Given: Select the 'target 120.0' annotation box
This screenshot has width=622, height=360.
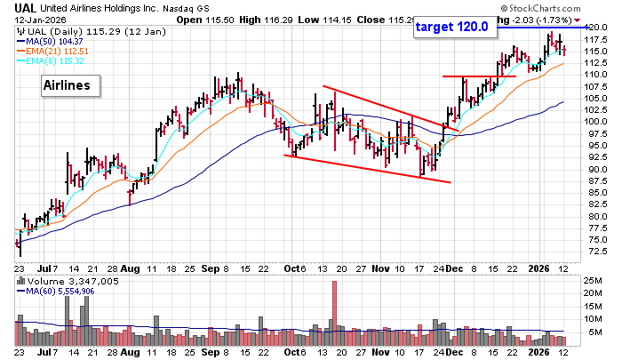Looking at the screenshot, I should click(453, 27).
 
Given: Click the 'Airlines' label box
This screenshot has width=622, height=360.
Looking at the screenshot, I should click(71, 85).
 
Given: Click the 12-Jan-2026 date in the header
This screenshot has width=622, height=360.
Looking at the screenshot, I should click(28, 20).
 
